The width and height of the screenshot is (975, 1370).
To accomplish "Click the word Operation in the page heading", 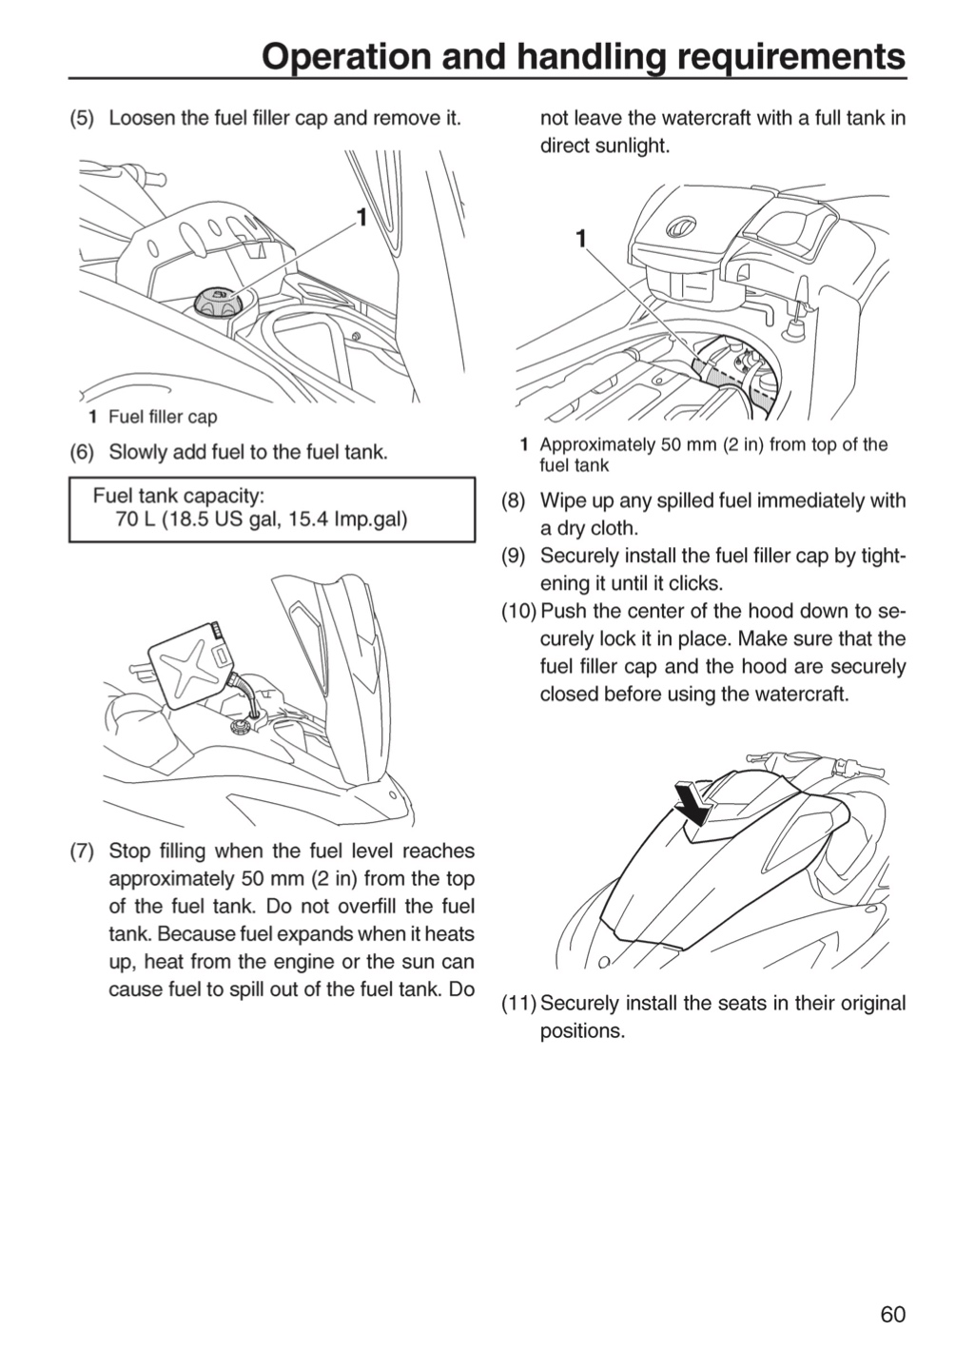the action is (x=347, y=58).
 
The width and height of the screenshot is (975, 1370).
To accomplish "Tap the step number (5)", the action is (x=82, y=118).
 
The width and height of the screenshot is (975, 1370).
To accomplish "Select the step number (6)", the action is (x=82, y=453).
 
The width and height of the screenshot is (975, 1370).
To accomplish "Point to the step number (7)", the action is (x=82, y=851).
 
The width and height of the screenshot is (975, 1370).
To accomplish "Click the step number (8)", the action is (x=514, y=500).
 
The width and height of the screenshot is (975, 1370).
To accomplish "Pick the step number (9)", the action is (x=514, y=556).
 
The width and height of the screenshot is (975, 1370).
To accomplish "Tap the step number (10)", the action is (x=518, y=611).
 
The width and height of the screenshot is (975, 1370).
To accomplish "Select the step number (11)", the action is (x=518, y=1004).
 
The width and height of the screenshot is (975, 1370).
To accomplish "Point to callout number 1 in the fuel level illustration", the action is (x=581, y=239).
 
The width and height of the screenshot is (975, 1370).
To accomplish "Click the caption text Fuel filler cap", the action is (x=163, y=417).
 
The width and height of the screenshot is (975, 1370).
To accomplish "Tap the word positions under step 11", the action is (x=582, y=1031).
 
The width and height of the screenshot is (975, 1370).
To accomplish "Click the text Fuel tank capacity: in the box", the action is (x=179, y=495).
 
